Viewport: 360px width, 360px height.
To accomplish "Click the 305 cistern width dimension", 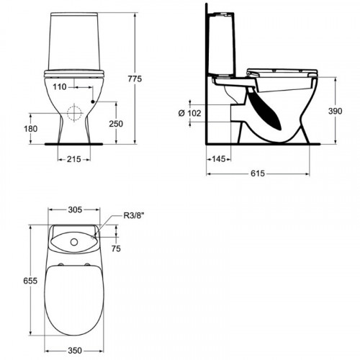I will click(x=75, y=211).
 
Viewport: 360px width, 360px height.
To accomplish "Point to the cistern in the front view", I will click(x=75, y=40).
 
